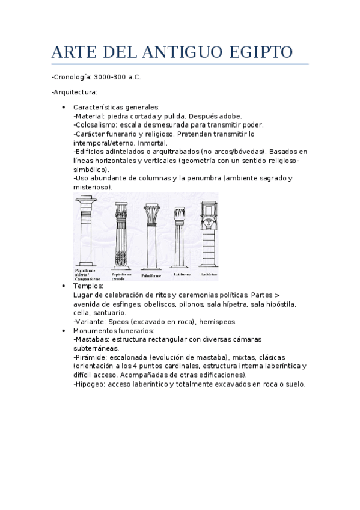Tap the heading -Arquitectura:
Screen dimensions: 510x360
pos(75,92)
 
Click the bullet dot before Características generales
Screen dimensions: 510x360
pos(64,107)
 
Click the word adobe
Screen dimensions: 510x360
pos(231,116)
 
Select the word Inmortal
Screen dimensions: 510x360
pos(153,143)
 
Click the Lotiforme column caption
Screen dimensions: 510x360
pos(182,274)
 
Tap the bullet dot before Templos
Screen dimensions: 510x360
pos(64,286)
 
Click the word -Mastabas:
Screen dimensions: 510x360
pos(91,339)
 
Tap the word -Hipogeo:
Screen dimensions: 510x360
pos(90,384)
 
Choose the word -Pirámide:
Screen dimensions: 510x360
pos(91,357)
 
